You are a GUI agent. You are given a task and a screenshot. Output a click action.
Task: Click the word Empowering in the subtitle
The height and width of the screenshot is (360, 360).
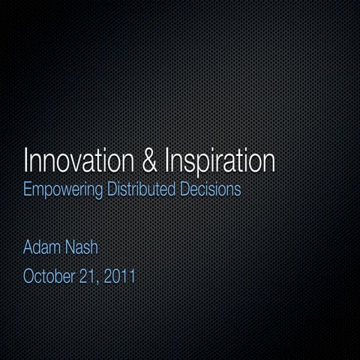(x=63, y=190)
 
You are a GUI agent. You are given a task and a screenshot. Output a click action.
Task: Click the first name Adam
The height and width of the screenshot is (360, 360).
(x=43, y=247)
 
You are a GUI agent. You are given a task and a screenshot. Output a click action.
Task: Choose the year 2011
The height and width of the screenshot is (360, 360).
(x=120, y=277)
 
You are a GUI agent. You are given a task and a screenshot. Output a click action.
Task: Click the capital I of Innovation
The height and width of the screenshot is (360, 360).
(x=26, y=161)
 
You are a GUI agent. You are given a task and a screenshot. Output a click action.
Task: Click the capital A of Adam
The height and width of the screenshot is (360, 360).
(x=29, y=247)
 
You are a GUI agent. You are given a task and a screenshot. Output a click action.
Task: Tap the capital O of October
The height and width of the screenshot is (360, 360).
(x=30, y=277)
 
